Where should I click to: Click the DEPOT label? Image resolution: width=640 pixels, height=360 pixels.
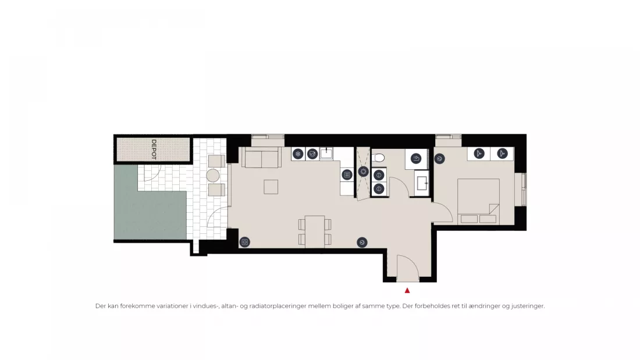(154, 149)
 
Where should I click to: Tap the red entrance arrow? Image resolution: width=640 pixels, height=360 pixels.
(407, 291)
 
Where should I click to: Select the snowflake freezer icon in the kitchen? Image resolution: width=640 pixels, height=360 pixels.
(298, 154)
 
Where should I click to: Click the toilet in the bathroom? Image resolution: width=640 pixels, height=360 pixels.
(378, 158)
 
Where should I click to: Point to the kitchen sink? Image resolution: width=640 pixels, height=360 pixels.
(326, 153)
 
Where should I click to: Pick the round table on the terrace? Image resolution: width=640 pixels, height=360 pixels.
(212, 176)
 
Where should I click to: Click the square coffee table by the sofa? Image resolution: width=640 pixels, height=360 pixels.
(271, 187)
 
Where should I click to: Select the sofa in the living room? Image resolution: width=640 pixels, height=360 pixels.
(261, 158)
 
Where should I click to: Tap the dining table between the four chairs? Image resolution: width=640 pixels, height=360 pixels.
(315, 232)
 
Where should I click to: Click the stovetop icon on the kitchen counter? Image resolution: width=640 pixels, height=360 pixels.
(347, 175)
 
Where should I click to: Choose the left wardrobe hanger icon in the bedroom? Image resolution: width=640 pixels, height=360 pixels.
(479, 154)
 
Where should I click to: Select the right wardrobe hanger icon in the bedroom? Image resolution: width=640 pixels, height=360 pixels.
(502, 154)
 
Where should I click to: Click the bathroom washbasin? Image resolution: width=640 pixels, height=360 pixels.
(422, 183)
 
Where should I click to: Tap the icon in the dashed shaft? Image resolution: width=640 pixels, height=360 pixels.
(363, 172)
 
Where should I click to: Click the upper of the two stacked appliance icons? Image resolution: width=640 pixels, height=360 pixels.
(379, 175)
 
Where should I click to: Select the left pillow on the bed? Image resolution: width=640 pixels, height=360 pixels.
(469, 219)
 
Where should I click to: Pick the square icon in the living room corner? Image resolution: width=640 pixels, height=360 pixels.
(244, 242)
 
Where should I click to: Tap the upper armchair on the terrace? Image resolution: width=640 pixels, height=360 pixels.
(216, 161)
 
